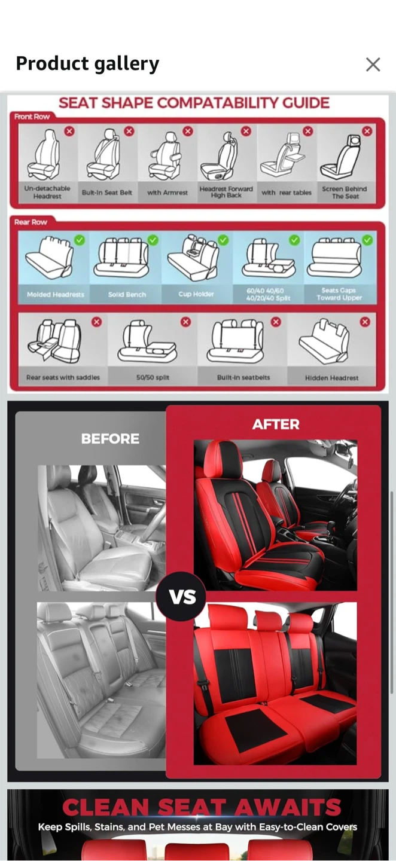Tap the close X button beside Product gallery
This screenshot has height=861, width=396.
(x=373, y=65)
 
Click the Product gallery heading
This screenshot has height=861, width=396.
(x=87, y=64)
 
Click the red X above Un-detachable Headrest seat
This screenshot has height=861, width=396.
(x=69, y=132)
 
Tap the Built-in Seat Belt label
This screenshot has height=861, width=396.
(x=107, y=193)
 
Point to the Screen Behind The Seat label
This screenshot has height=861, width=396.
(x=345, y=193)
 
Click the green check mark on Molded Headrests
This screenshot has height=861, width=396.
(x=80, y=240)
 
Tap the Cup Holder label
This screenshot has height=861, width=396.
(x=196, y=294)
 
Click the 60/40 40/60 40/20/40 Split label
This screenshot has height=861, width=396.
(x=269, y=294)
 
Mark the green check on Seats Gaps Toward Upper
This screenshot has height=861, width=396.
(x=367, y=240)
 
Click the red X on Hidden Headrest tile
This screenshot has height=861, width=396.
(x=365, y=322)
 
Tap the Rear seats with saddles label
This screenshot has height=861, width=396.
(x=63, y=377)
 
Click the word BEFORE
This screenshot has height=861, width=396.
(x=110, y=439)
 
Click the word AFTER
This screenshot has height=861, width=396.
(x=276, y=425)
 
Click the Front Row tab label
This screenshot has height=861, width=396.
(x=32, y=117)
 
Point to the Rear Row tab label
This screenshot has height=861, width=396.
(x=31, y=222)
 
